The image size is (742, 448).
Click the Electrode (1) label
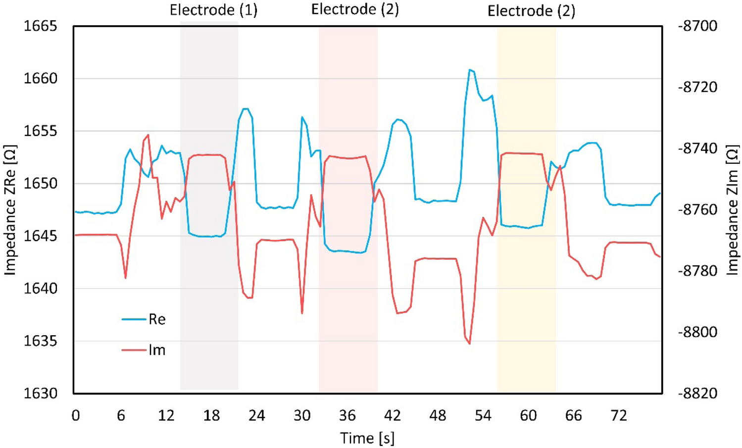point(213,10)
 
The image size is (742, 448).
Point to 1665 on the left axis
point(41,26)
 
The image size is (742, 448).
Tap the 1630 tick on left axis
point(41,394)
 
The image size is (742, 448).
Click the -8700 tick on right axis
point(697,26)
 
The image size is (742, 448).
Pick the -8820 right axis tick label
point(697,394)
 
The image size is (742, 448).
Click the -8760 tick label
point(697,210)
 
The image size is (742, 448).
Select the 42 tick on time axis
point(393,415)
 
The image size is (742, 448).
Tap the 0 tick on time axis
point(76,415)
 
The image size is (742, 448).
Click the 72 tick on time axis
point(619,415)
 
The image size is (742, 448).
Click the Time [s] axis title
point(367,438)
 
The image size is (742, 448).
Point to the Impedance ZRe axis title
point(10,210)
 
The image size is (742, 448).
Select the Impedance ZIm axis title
point(732,210)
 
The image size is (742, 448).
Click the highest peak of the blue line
point(470,70)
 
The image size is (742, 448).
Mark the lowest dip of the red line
point(469,344)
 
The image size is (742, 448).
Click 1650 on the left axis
point(41,184)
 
